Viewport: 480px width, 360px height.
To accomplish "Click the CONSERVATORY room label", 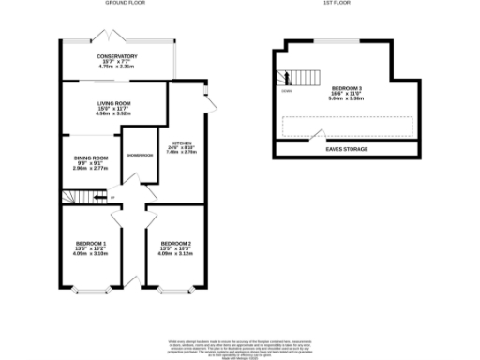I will [x=117, y=56].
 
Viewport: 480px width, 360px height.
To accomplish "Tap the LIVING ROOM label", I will [x=112, y=104].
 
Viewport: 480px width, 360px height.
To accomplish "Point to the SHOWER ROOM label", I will [x=141, y=156].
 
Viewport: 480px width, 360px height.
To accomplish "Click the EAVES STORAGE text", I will [x=348, y=149].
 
